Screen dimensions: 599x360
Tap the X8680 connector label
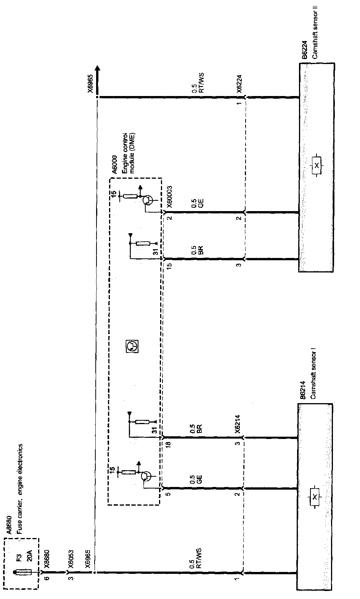point(47,559)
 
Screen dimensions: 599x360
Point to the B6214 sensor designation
point(302,390)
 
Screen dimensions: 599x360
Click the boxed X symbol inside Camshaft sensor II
point(316,165)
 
